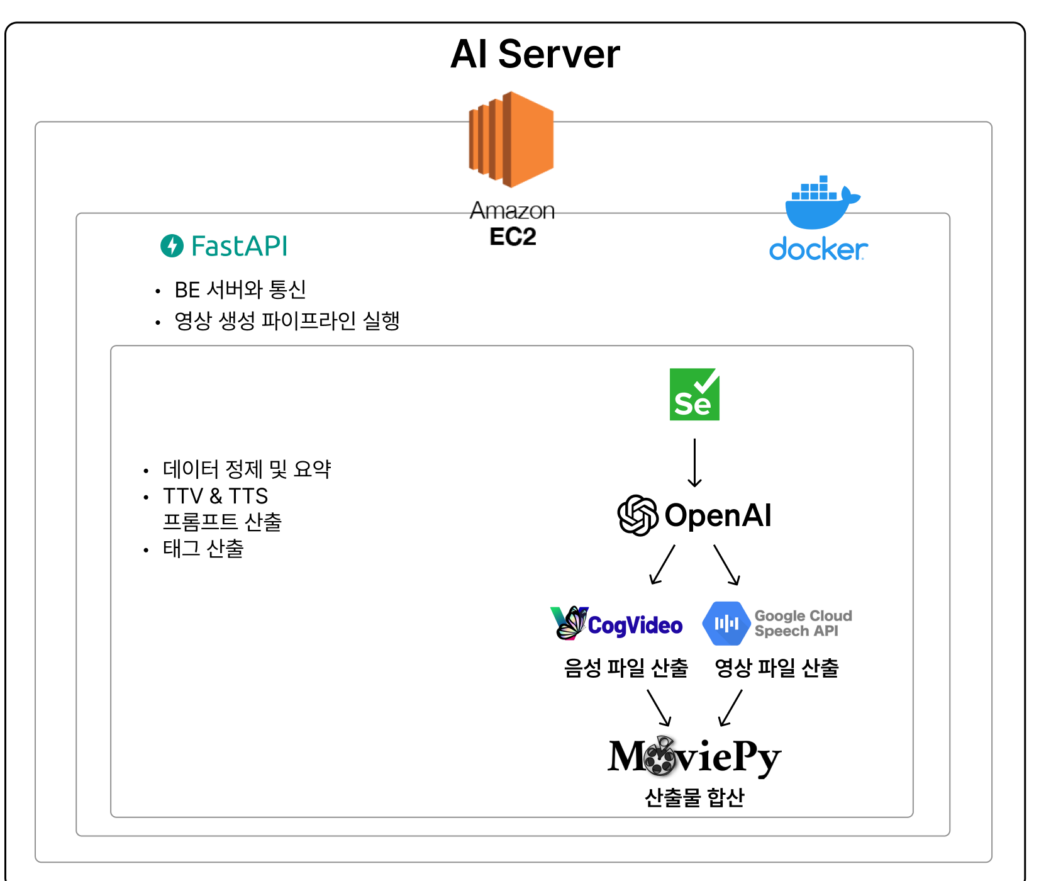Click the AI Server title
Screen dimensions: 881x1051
point(535,54)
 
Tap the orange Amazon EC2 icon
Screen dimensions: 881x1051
point(511,140)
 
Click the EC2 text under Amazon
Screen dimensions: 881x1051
point(513,237)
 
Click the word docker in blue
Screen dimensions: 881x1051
point(818,250)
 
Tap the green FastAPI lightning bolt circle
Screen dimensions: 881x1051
point(172,245)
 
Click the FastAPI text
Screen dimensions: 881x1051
point(239,246)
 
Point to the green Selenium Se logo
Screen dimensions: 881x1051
point(694,395)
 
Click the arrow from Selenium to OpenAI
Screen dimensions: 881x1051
point(694,463)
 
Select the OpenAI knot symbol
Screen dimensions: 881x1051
point(637,515)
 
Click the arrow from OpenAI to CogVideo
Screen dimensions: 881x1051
point(662,564)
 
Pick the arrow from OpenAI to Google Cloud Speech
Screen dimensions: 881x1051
point(726,564)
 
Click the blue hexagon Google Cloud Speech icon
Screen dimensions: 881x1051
point(726,624)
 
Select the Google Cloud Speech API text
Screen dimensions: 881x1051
point(803,624)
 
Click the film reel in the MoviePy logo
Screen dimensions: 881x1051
point(659,756)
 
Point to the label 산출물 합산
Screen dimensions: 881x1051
point(694,797)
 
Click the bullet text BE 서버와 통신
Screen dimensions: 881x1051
point(240,290)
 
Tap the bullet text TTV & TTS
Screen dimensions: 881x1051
point(215,497)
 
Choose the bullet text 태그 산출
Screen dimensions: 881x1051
point(203,549)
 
